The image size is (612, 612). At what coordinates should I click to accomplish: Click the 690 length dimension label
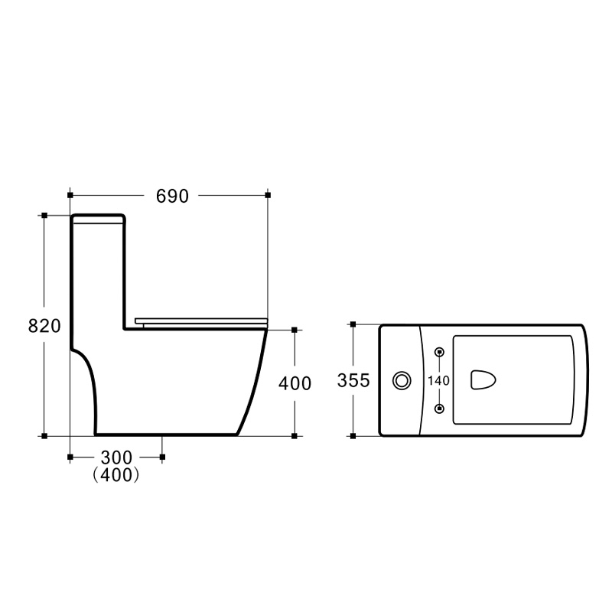(x=172, y=196)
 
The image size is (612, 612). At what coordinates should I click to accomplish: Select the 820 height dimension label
(x=44, y=326)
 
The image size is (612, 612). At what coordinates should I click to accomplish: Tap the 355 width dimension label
(x=353, y=380)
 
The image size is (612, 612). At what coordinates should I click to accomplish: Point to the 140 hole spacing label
(x=438, y=380)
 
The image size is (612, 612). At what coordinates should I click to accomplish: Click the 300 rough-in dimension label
(x=116, y=457)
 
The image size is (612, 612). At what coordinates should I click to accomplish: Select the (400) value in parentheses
(x=116, y=475)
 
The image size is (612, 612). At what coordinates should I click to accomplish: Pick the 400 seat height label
(x=295, y=384)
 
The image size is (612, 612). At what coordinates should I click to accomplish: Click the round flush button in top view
(x=402, y=380)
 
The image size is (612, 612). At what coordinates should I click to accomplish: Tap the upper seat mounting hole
(x=439, y=352)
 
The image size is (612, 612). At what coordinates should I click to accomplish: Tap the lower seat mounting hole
(x=439, y=409)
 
